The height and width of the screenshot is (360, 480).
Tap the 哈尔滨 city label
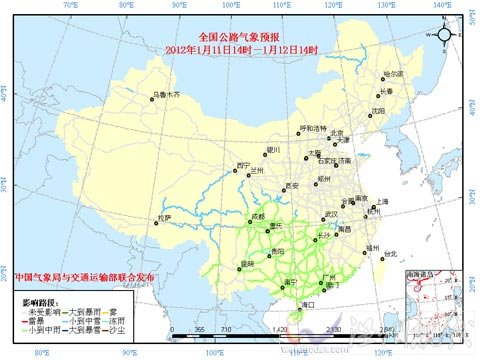click(394, 73)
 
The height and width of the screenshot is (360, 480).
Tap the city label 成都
click(259, 216)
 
